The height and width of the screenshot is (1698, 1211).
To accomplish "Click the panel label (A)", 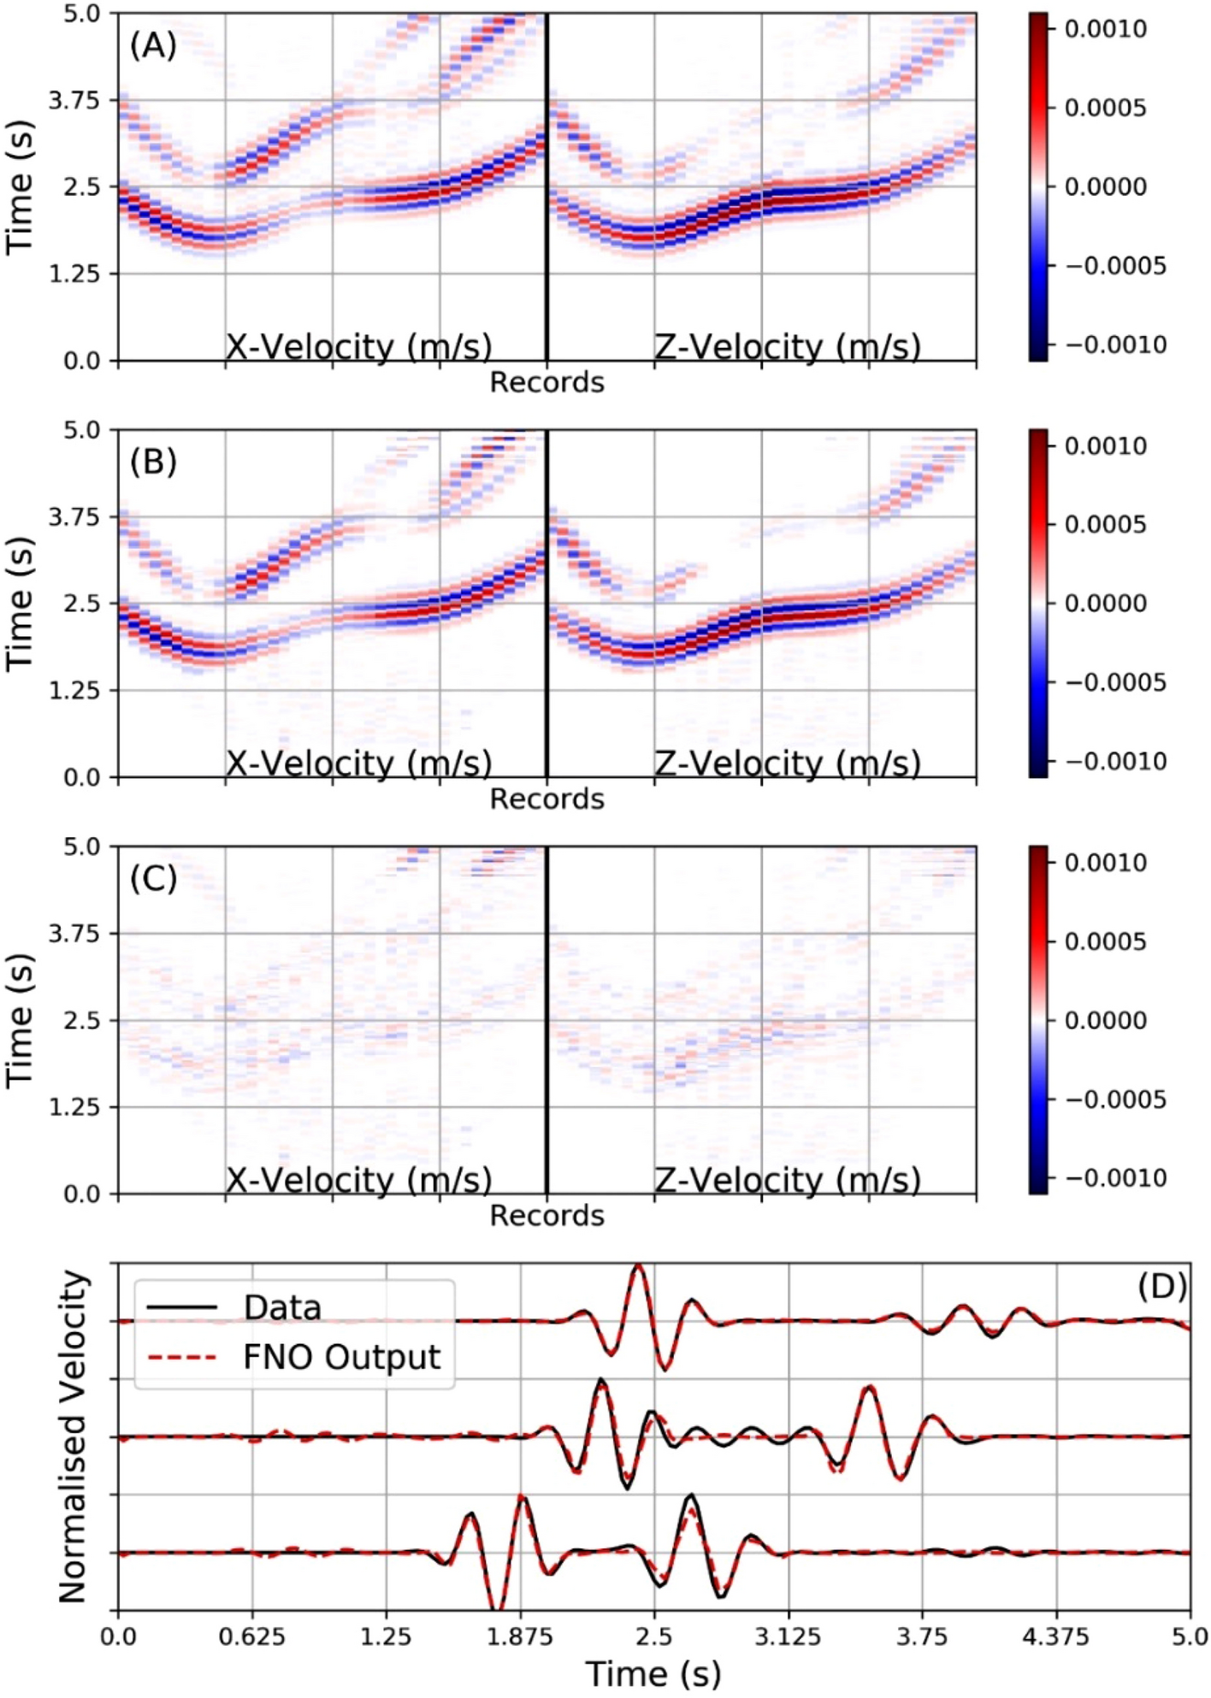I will [153, 45].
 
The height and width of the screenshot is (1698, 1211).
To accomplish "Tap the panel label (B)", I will [153, 462].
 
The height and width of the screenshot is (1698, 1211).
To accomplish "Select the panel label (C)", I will [153, 878].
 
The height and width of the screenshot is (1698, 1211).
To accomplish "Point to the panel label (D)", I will [1161, 1286].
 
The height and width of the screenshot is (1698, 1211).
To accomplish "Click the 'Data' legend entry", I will [281, 1308].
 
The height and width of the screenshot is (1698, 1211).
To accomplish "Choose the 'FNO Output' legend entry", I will [340, 1358].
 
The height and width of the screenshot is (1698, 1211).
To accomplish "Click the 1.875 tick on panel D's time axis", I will [520, 1637].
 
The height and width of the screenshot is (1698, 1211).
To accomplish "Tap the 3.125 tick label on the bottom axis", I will [788, 1637].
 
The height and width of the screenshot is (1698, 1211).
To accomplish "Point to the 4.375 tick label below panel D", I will [1056, 1637].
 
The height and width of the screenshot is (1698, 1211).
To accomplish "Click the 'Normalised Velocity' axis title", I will [74, 1436].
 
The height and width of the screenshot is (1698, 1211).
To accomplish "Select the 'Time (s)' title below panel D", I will [653, 1674].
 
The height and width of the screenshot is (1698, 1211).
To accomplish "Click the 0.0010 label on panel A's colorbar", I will [1105, 29].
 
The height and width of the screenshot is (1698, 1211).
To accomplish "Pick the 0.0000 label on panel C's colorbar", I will [1105, 1020].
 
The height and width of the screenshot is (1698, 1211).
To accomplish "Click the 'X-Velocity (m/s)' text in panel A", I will [358, 346].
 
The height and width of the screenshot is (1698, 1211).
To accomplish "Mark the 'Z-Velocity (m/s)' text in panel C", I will [787, 1180].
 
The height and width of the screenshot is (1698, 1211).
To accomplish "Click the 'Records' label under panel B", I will [546, 799].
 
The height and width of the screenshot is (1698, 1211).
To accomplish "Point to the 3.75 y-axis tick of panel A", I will [74, 100].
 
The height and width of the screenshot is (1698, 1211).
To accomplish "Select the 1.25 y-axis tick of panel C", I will [74, 1106].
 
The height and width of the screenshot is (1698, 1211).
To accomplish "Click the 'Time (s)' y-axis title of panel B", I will [20, 603].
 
